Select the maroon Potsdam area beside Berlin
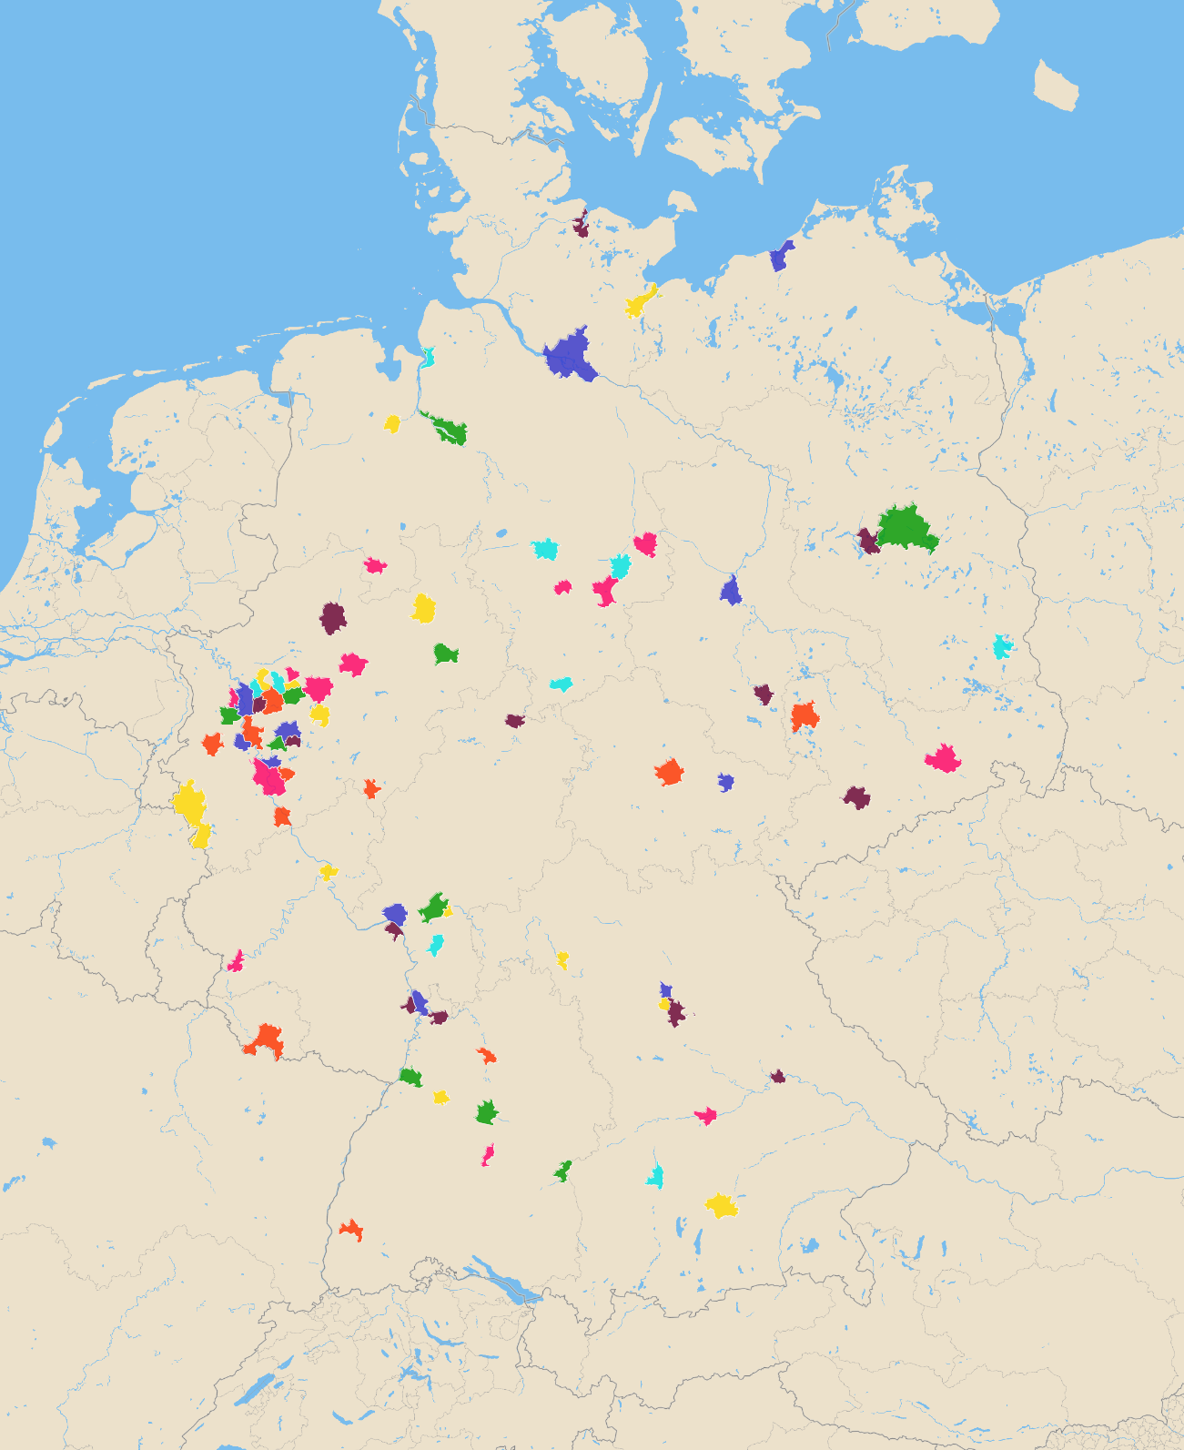point(869,542)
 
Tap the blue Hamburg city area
point(571,356)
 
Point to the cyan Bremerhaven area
point(427,356)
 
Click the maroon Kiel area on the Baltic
point(581,225)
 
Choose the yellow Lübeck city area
point(641,301)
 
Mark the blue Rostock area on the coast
point(780,257)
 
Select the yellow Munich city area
point(722,1205)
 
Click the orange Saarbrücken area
point(267,1040)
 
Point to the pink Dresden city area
point(944,758)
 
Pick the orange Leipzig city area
point(805,716)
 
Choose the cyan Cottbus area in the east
point(1002,646)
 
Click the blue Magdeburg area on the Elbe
point(731,592)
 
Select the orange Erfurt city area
point(670,772)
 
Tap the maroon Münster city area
point(334,618)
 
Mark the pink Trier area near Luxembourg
point(237,961)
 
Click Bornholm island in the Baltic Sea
point(1056,86)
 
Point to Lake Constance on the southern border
point(500,1280)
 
